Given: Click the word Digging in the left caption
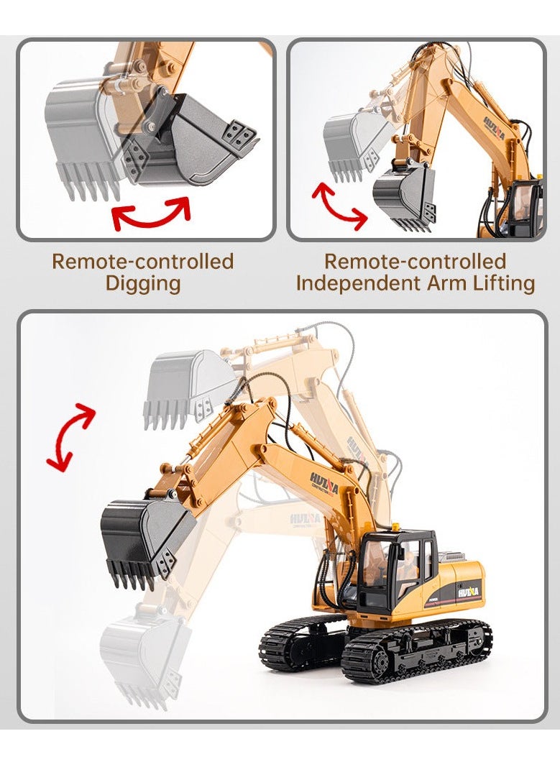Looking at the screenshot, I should (143, 283).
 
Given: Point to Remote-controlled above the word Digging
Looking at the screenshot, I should (143, 261).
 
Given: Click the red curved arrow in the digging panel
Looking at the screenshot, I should (152, 213).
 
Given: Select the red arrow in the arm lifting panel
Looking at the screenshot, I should (339, 206).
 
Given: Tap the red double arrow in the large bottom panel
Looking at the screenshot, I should (70, 436).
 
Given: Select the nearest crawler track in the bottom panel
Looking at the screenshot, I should (417, 651).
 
